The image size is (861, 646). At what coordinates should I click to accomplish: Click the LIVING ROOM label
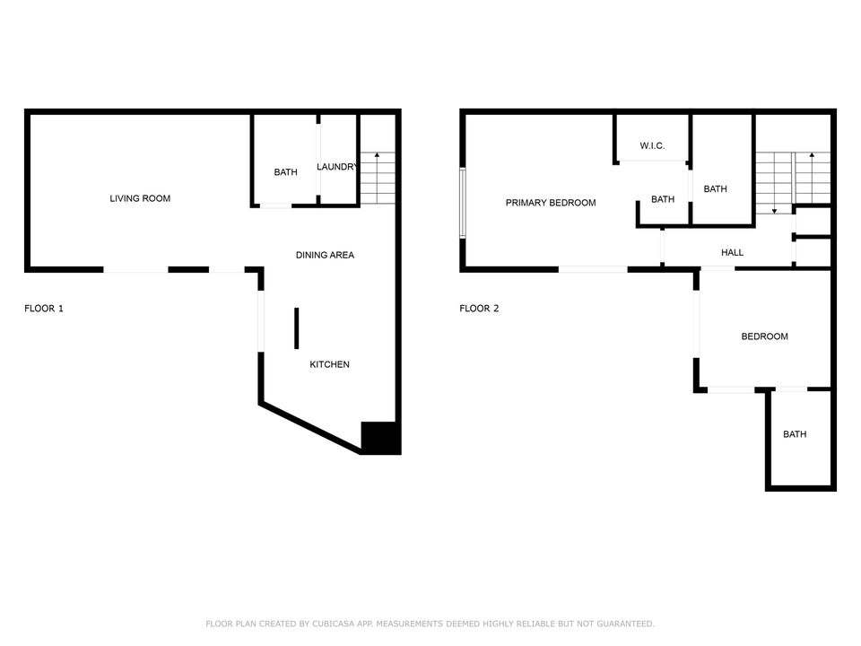click(x=140, y=198)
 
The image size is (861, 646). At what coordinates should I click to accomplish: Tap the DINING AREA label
click(x=325, y=255)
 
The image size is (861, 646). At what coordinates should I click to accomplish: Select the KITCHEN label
click(x=329, y=364)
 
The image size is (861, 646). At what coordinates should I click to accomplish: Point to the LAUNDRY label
click(x=338, y=166)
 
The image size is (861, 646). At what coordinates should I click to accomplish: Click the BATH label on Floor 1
click(x=285, y=172)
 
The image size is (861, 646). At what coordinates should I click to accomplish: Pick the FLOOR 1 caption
click(x=43, y=309)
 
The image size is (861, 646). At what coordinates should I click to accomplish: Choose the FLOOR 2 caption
click(x=479, y=309)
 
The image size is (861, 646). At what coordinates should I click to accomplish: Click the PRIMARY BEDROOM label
click(x=551, y=203)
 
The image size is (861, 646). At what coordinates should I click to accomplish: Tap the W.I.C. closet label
click(x=652, y=145)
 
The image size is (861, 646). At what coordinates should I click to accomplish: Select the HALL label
click(x=732, y=253)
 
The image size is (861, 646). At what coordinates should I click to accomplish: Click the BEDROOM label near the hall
click(x=764, y=336)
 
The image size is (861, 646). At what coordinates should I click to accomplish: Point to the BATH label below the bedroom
click(x=795, y=434)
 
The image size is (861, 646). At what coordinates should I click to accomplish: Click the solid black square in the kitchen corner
click(x=379, y=437)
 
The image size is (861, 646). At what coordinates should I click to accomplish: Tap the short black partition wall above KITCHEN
click(x=296, y=327)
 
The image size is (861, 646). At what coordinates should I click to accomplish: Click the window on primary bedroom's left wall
click(x=463, y=204)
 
